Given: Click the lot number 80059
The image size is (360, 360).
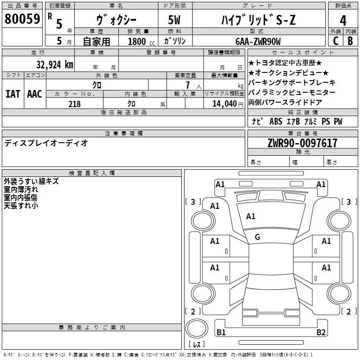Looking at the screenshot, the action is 22,19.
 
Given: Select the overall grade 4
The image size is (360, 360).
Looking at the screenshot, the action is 343,21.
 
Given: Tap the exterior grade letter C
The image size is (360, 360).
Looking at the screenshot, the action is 336,41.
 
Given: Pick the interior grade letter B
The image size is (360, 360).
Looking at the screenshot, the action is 350,41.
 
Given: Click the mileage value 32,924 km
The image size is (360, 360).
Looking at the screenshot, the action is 55,65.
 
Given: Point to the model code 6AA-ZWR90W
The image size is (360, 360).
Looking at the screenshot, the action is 258,41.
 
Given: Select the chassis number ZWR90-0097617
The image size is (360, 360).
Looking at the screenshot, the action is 302,143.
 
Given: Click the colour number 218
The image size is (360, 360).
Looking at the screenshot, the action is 75,104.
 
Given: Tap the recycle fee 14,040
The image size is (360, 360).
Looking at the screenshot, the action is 225,104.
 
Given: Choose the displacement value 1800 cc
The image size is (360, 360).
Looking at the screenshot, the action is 141,41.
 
